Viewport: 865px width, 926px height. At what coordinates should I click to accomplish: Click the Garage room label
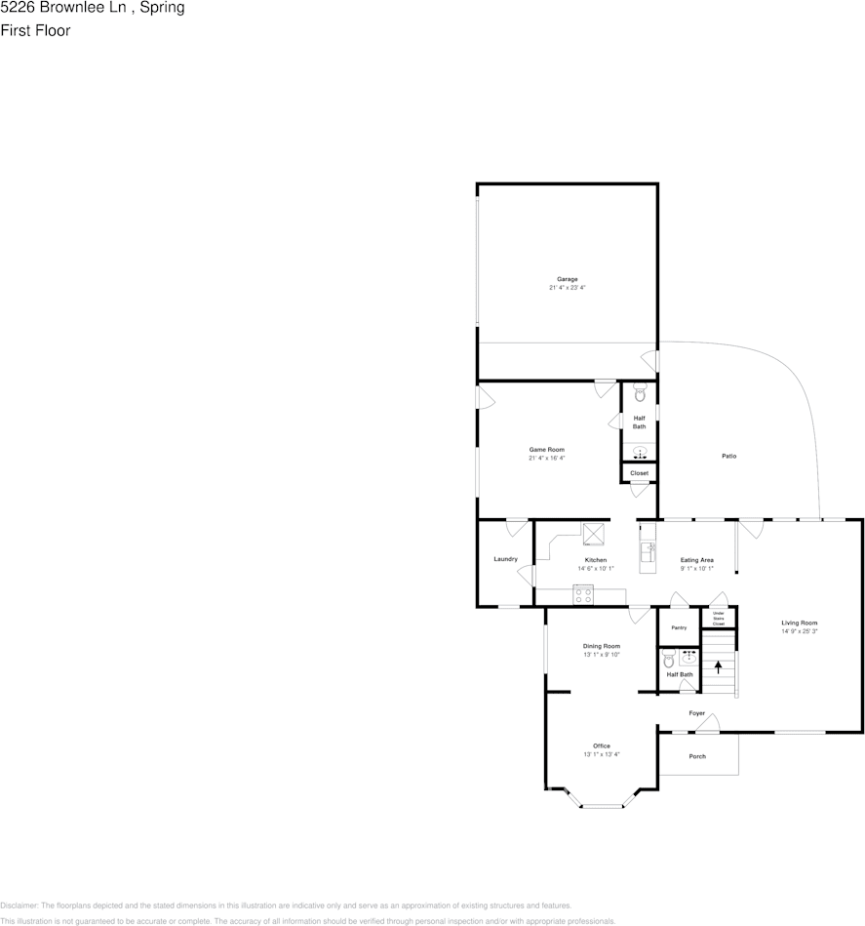point(567,279)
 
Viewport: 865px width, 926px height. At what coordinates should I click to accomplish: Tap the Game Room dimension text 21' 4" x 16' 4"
point(547,458)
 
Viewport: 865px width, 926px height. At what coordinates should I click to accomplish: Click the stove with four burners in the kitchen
point(583,594)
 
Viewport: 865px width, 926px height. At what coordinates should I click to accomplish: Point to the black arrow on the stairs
point(719,667)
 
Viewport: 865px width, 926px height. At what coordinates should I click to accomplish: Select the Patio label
point(728,456)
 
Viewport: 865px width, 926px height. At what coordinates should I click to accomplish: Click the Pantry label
point(679,627)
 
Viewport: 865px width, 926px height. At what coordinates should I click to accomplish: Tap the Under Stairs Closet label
point(719,618)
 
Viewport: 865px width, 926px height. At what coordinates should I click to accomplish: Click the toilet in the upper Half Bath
point(640,394)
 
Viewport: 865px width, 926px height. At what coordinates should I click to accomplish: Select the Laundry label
point(505,559)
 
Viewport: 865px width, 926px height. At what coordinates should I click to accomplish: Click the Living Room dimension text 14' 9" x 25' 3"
point(799,631)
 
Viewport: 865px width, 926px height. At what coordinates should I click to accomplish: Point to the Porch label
point(697,756)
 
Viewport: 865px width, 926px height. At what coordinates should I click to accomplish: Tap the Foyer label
point(697,713)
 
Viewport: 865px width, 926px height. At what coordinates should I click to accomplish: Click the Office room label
point(602,745)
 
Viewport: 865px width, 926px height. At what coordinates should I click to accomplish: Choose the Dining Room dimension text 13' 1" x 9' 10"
point(602,655)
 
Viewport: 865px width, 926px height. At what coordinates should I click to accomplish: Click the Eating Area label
point(697,559)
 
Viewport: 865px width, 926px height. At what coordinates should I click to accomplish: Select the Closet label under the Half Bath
point(639,473)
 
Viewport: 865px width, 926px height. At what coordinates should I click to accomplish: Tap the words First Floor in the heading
point(36,30)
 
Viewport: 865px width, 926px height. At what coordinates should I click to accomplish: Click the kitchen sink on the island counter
point(647,552)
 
